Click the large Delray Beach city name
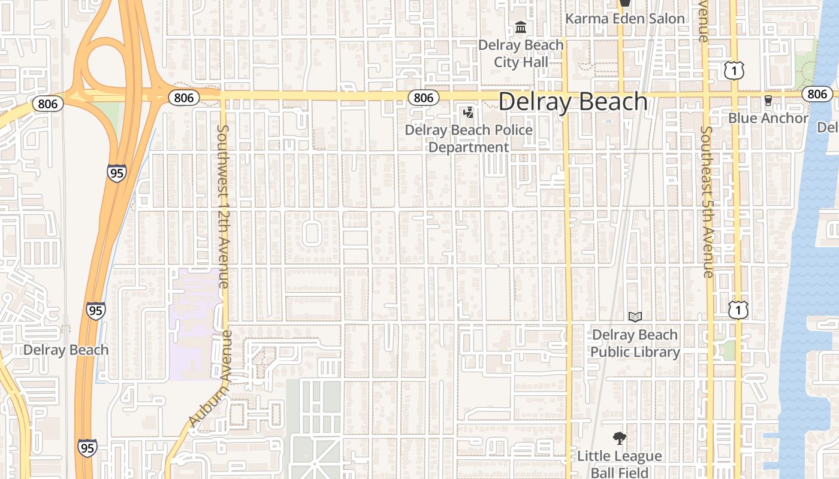(x=573, y=102)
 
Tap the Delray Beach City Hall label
(x=521, y=53)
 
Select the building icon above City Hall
(x=520, y=28)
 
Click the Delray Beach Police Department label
(x=469, y=138)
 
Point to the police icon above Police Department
(x=469, y=112)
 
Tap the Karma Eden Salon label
(x=624, y=19)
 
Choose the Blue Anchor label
(x=768, y=118)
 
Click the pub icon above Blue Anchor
(x=768, y=101)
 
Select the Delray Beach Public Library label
(x=635, y=343)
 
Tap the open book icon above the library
(x=635, y=317)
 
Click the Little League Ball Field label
(x=620, y=464)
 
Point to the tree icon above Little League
(x=620, y=438)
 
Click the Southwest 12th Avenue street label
(x=222, y=207)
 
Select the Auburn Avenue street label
(x=210, y=378)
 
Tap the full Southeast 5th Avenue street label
(x=708, y=202)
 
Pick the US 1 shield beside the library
(x=738, y=310)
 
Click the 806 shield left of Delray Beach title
(x=423, y=98)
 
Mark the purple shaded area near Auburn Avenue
(x=193, y=326)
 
